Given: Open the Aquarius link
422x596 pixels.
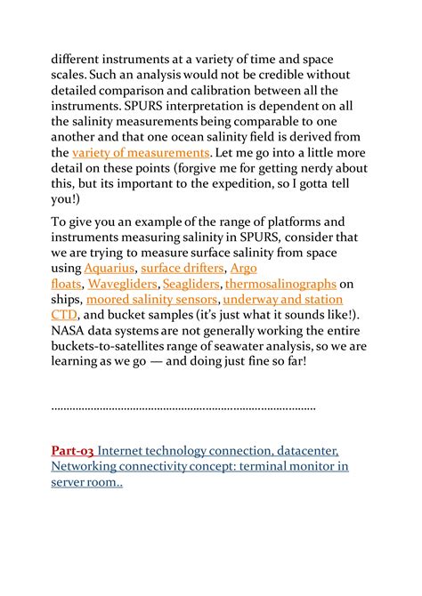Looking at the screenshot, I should (110, 267).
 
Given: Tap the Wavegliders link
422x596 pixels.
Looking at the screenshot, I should (123, 284).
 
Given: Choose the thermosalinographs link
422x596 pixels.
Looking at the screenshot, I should (281, 284).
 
